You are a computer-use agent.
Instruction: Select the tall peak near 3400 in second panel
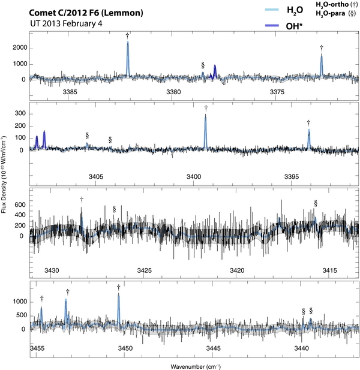(206, 117)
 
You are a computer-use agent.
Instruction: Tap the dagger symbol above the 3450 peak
(119, 287)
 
